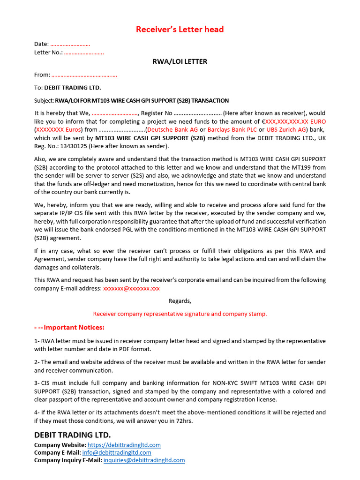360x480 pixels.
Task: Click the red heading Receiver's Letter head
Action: click(180, 30)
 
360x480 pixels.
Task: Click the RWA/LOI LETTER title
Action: click(180, 61)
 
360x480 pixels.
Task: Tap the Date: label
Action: click(41, 44)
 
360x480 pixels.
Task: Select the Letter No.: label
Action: click(48, 52)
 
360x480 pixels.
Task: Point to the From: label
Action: click(42, 75)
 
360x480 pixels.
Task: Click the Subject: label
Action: click(44, 100)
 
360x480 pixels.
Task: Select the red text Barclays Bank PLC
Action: click(232, 129)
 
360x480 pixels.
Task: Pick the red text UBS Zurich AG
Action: click(286, 129)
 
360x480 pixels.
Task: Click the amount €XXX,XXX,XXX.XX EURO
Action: click(293, 121)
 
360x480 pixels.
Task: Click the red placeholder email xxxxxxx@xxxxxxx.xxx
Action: click(131, 288)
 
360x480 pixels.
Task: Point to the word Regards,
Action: click(180, 301)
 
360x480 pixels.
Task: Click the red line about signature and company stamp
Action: click(180, 314)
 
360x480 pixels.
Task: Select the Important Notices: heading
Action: click(69, 327)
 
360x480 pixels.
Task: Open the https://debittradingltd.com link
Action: click(124, 445)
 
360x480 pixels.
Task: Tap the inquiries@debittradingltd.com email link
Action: click(144, 460)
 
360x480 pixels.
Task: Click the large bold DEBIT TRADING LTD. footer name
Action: click(73, 435)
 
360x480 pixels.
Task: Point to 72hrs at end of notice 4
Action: click(184, 420)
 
